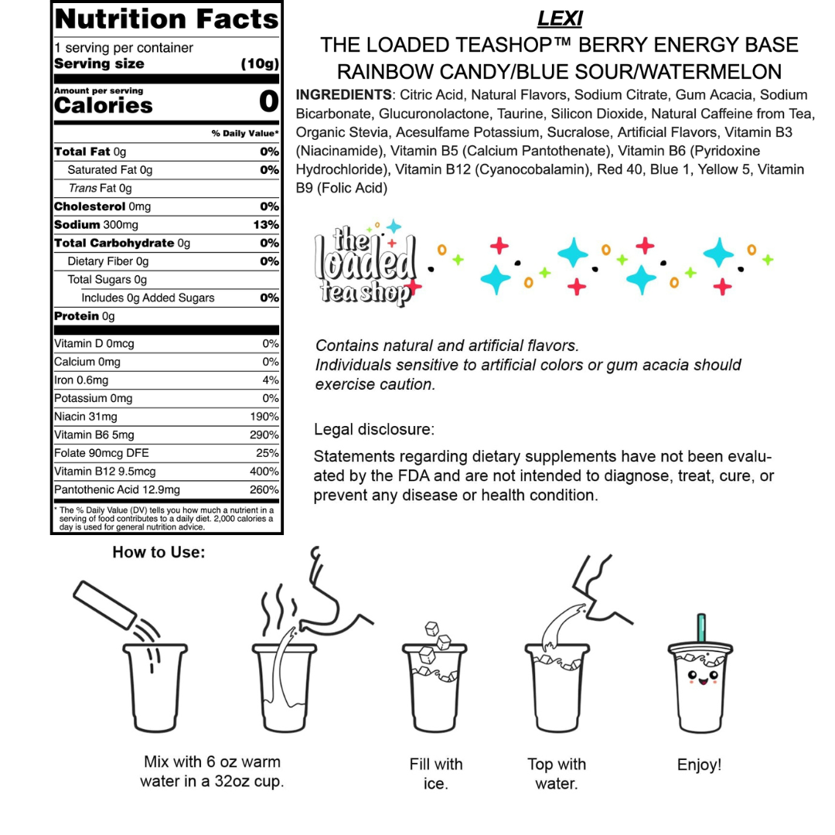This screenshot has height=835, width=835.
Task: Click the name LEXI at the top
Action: [x=559, y=17]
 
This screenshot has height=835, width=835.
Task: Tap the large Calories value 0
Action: [x=268, y=101]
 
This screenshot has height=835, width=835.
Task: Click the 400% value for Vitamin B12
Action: [x=264, y=472]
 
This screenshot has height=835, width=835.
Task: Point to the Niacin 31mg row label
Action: [x=82, y=417]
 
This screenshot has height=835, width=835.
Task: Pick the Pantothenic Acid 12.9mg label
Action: [x=117, y=490]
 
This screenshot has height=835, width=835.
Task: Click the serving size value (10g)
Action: [x=259, y=63]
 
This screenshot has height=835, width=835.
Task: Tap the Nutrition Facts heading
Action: [x=166, y=18]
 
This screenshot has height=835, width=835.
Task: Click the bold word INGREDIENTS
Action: [x=343, y=95]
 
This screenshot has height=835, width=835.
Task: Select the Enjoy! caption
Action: [x=699, y=765]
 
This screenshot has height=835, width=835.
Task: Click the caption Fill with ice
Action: [x=436, y=774]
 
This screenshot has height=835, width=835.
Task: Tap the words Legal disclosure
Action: [x=374, y=429]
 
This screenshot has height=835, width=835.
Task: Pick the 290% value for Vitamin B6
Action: [x=264, y=435]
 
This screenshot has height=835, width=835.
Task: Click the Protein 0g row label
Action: [x=84, y=316]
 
